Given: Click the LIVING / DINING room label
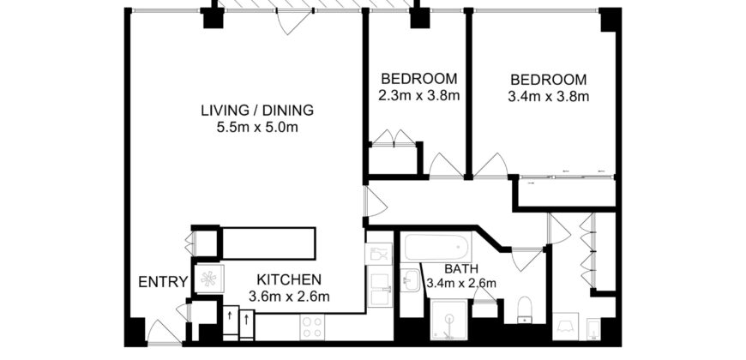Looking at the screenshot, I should [257, 110].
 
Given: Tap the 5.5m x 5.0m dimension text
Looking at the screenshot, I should [257, 129].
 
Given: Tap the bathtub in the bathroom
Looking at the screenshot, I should [437, 249].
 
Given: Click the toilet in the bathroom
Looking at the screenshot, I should [526, 308].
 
